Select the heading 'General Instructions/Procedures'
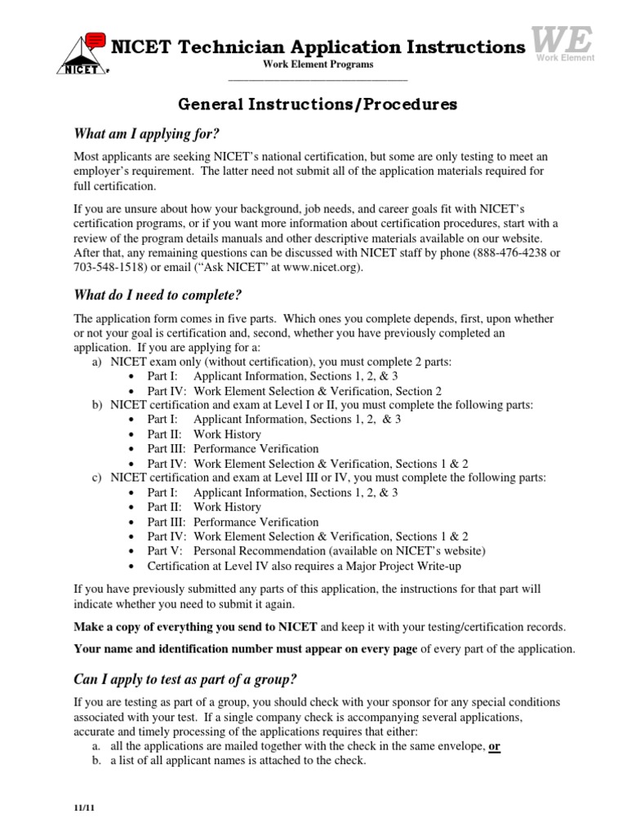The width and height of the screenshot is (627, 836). click(318, 104)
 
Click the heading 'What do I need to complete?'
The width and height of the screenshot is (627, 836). click(158, 295)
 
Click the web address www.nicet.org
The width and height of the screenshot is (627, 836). click(322, 267)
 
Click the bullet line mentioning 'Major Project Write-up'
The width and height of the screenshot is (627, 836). click(300, 566)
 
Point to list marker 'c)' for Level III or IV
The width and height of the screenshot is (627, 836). click(97, 478)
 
